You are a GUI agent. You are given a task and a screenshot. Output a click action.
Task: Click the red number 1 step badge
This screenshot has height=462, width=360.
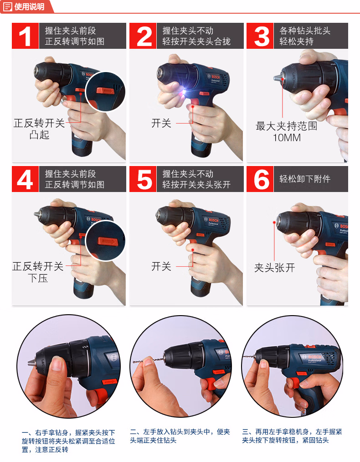click(x=26, y=36)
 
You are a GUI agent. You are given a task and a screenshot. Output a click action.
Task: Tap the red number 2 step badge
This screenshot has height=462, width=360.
click(x=143, y=36)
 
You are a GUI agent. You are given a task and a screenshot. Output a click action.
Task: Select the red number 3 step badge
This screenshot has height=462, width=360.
click(x=260, y=36)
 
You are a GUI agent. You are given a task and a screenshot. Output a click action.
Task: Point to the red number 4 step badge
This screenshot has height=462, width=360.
click(x=26, y=179)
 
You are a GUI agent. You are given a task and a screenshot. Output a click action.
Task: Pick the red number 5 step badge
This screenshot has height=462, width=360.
click(x=143, y=179)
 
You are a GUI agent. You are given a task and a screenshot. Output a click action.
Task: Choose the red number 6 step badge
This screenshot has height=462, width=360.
click(x=260, y=179)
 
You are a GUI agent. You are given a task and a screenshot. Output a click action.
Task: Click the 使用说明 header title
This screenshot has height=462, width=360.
click(x=29, y=6)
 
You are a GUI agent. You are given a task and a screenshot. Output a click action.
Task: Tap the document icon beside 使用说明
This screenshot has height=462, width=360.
click(x=7, y=6)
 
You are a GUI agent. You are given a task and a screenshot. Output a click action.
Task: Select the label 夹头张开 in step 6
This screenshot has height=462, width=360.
click(x=274, y=268)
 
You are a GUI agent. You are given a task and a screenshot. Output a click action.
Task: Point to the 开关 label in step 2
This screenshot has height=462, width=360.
click(x=161, y=123)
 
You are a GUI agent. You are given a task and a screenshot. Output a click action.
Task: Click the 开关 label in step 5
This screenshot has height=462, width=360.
click(x=161, y=266)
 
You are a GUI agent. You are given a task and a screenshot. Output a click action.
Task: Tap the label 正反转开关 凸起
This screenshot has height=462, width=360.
click(x=39, y=129)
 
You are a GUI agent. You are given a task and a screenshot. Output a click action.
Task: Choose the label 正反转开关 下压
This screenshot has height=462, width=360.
click(x=38, y=272)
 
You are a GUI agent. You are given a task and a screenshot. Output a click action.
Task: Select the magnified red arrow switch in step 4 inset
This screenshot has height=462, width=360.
click(x=108, y=242)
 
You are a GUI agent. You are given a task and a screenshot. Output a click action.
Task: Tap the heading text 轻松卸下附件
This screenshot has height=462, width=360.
click(x=305, y=179)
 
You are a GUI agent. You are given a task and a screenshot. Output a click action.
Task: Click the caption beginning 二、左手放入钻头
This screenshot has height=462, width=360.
click(x=180, y=436)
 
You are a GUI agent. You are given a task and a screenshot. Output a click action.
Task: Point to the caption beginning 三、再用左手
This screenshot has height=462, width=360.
click(x=292, y=436)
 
